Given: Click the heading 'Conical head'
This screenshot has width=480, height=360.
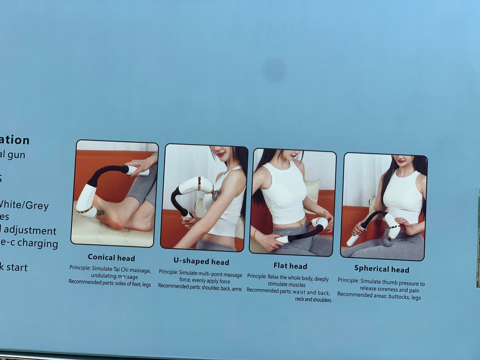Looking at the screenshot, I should click(111, 258).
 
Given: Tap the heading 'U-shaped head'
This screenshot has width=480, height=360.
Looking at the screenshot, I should click(201, 262).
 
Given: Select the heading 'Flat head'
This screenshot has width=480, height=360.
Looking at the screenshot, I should click(290, 266).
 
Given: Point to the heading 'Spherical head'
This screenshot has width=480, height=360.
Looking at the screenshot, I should click(382, 269).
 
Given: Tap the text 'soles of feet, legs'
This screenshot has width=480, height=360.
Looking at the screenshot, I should click(133, 284).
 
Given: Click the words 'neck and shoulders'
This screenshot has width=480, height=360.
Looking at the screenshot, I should click(313, 300).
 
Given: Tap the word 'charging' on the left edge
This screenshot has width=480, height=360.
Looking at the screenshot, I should click(38, 243).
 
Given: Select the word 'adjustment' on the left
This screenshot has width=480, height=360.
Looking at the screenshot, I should click(30, 230).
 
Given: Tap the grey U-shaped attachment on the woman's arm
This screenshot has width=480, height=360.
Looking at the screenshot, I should click(216, 194).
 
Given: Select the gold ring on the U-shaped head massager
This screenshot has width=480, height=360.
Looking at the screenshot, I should click(199, 184).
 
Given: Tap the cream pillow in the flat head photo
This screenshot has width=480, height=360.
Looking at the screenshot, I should click(313, 191).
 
